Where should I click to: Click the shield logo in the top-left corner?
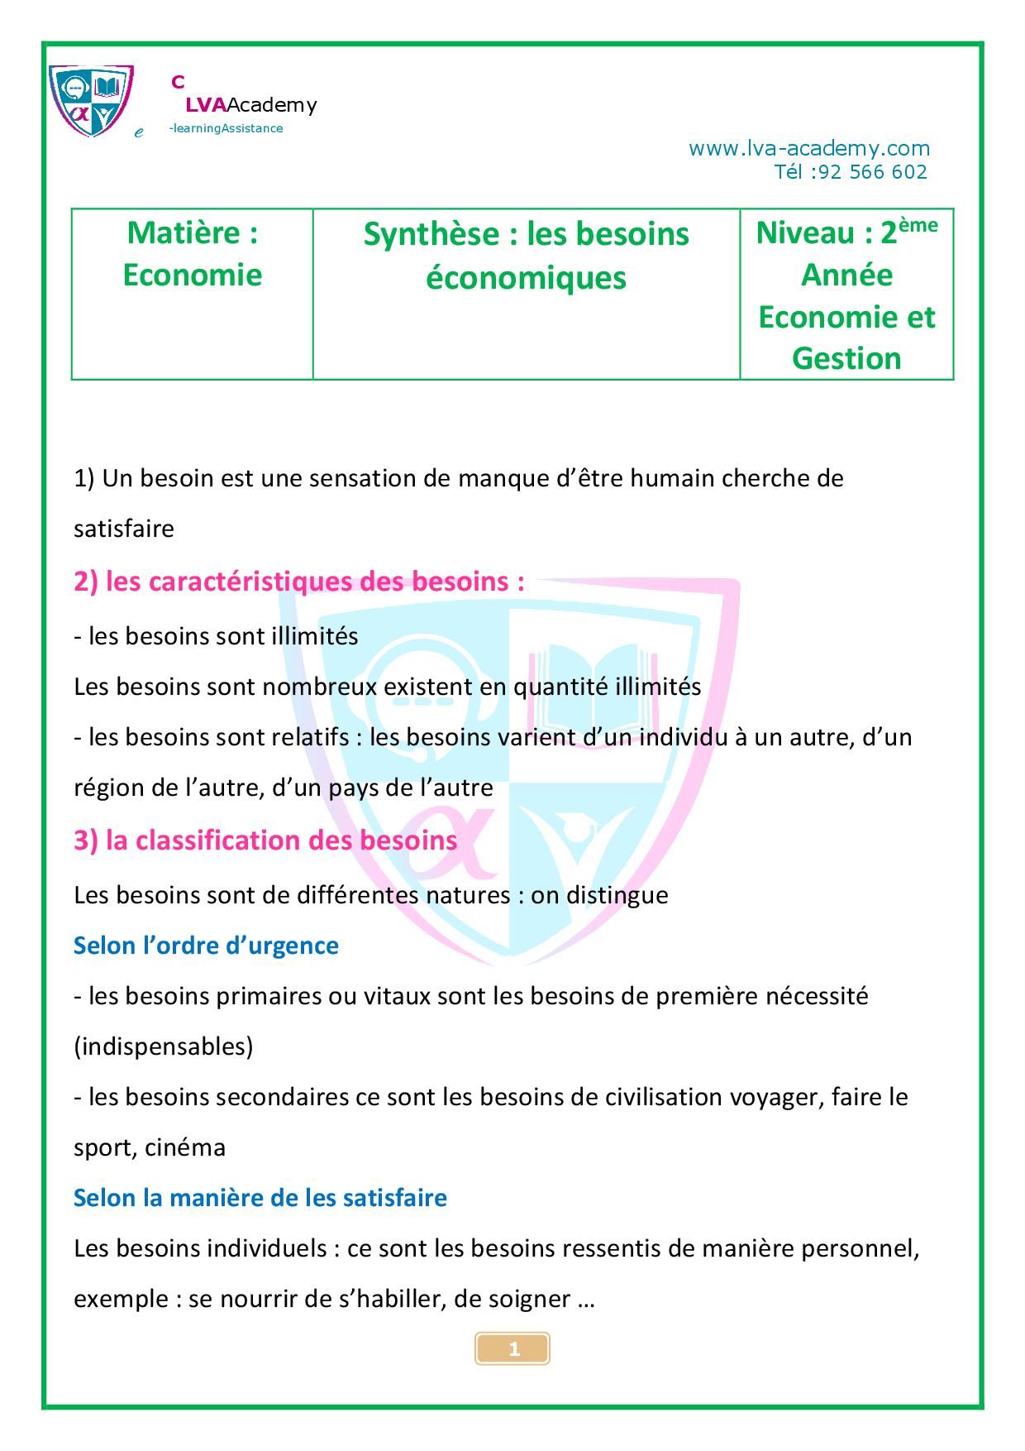point(91,100)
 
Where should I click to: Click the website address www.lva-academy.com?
point(808,149)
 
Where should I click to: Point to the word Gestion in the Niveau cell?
point(846,358)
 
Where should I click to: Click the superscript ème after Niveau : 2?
point(918,224)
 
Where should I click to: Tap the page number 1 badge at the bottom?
point(512,1349)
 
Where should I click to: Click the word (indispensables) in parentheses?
point(164,1046)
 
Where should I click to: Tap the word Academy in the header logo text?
point(272,105)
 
